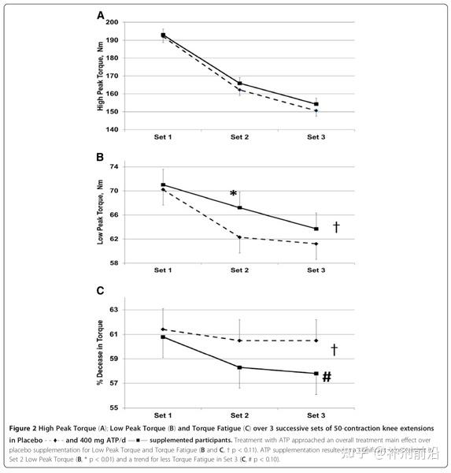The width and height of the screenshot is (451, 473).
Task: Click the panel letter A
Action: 100,15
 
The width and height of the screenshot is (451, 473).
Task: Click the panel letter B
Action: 100,157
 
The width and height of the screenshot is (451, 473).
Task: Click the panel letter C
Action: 100,291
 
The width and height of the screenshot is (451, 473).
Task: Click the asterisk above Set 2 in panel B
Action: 233,195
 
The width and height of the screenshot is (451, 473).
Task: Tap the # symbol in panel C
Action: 326,377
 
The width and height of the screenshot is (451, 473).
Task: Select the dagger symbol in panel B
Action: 336,227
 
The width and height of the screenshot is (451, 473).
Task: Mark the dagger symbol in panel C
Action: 334,348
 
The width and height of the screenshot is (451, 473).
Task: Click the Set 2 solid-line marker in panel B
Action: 239,208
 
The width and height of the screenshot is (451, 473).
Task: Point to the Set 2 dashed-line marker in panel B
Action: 239,237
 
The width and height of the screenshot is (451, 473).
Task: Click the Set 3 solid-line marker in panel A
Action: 316,104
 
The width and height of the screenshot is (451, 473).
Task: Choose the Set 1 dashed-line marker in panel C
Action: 163,330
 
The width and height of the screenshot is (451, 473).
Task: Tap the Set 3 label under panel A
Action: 316,137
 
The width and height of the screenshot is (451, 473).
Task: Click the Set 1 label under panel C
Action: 163,415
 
